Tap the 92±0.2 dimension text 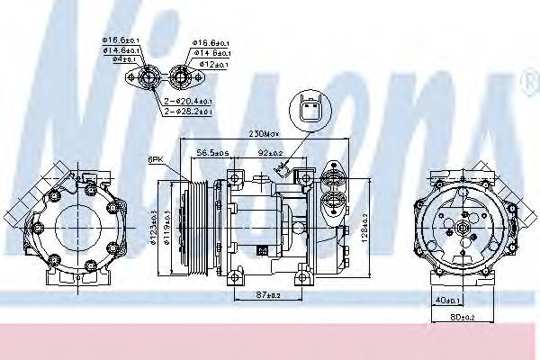click(272, 152)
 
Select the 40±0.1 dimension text click(446, 301)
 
